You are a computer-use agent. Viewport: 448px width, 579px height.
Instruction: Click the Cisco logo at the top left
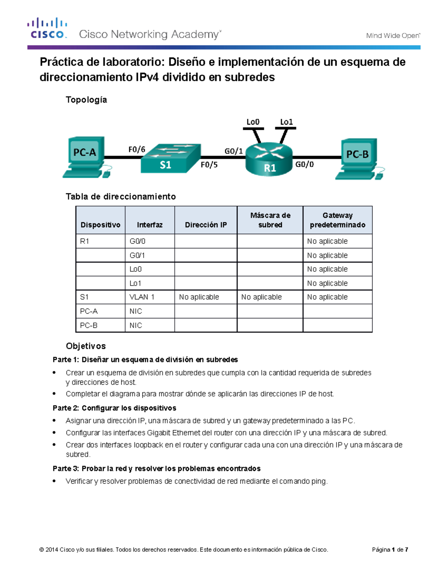click(47, 28)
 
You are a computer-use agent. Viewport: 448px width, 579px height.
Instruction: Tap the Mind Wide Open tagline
click(393, 36)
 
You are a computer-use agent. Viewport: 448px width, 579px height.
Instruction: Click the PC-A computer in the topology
click(85, 157)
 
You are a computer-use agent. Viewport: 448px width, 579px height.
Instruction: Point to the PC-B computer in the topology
click(358, 158)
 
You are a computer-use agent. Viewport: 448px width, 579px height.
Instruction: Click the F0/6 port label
click(137, 150)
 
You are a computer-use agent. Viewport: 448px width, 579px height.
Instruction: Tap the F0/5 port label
click(209, 165)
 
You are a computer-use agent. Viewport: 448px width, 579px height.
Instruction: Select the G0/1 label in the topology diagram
click(233, 151)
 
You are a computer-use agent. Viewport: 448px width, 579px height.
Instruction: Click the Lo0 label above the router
click(253, 122)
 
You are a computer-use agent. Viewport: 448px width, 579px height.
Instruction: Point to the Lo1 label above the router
click(286, 122)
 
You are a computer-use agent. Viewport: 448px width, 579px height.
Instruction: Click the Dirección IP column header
click(206, 225)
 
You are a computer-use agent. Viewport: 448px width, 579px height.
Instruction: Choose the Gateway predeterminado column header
click(337, 220)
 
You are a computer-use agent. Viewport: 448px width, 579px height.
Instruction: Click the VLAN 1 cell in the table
click(142, 297)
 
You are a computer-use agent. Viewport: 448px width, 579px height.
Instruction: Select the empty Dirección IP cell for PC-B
click(206, 325)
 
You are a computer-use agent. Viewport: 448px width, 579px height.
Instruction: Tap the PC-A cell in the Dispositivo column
click(89, 311)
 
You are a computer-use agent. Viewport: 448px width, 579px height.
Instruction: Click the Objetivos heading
click(86, 346)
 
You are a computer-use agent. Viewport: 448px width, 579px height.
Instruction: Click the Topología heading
click(86, 100)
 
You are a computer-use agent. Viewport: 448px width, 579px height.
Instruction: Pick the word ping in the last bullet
click(318, 481)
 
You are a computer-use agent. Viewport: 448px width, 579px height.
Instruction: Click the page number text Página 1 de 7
click(390, 550)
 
